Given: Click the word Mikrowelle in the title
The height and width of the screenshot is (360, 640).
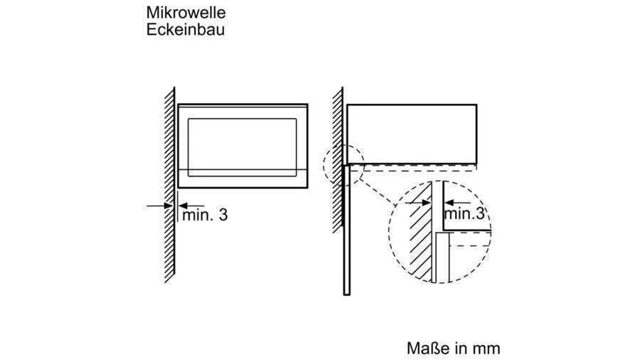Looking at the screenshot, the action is tap(186, 12).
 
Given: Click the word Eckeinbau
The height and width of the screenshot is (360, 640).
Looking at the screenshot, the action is tap(186, 29).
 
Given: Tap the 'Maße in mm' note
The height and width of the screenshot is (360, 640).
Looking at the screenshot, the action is tap(453, 348).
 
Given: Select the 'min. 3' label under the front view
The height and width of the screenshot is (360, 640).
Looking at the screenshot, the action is tap(205, 215).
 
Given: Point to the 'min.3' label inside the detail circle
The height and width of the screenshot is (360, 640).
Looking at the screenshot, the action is tap(464, 213).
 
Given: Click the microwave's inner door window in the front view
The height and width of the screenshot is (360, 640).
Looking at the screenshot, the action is tap(242, 147).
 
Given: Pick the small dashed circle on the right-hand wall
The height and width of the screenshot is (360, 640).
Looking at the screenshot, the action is tap(343, 165).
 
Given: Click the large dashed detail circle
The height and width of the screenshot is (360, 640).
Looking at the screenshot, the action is tap(439, 232).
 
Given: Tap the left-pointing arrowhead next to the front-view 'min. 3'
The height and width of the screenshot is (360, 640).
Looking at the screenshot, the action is tap(183, 206).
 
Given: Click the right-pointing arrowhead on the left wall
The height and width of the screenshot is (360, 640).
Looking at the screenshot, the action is tap(169, 206).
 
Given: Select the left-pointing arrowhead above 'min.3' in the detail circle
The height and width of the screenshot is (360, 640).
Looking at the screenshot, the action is tap(449, 202).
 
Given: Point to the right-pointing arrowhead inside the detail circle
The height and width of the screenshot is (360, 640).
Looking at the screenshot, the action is tap(427, 202).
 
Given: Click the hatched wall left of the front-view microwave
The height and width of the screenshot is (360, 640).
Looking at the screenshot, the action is tap(169, 185).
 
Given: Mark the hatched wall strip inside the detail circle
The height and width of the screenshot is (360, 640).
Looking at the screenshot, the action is tap(420, 232).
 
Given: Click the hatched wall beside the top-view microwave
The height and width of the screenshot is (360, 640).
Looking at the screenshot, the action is tap(338, 160).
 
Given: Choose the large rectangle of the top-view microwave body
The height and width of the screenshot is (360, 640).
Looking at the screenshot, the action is tap(412, 134).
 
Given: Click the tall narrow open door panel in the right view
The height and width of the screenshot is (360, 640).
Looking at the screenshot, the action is tap(347, 230).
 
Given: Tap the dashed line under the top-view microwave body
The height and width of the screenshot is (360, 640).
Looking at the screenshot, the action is tap(413, 170).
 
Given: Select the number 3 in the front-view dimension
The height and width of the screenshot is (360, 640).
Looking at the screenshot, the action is tap(223, 215).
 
